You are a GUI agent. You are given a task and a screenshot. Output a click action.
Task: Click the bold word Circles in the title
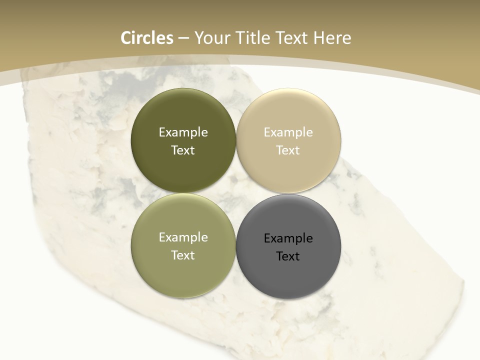coord(147,38)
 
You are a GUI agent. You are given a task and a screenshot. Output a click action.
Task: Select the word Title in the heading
coord(251,38)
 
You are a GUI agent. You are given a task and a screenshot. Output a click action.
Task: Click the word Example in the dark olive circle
coord(183,132)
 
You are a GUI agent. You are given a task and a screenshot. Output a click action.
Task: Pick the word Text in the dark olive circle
coord(183,150)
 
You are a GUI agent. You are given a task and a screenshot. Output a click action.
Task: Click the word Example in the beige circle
coord(288,132)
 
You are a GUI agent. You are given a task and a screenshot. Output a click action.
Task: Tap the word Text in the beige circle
coord(288,150)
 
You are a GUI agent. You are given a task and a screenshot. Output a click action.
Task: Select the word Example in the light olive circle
coord(183,237)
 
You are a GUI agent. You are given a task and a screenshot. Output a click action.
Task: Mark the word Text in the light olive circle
coord(183,255)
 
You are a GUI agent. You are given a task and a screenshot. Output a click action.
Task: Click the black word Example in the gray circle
coord(288,238)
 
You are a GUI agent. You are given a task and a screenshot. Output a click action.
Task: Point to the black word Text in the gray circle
coord(288,256)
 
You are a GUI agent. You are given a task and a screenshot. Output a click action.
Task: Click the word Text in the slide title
coord(291,38)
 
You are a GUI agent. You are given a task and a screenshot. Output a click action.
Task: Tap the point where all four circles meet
coord(235,193)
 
